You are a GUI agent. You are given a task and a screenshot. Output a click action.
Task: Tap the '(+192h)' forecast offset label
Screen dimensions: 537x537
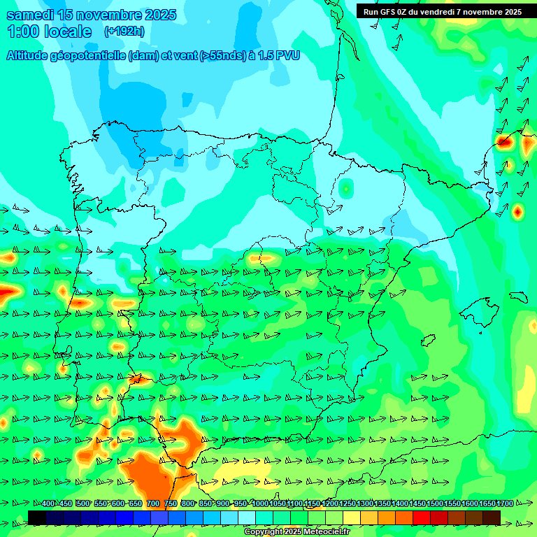[x=124, y=31]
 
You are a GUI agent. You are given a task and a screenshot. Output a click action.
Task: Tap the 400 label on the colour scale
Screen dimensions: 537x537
[x=48, y=504]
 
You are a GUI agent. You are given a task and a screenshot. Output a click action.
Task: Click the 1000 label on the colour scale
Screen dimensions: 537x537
[x=260, y=504]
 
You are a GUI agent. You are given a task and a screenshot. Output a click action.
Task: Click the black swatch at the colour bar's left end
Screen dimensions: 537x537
[x=36, y=517]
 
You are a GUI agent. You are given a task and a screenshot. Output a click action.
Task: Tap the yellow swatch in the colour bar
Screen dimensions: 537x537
[x=351, y=517]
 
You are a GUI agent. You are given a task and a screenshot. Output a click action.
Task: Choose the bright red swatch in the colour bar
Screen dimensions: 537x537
[x=421, y=517]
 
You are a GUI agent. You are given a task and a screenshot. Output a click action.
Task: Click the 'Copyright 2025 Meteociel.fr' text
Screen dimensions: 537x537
[x=296, y=532]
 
